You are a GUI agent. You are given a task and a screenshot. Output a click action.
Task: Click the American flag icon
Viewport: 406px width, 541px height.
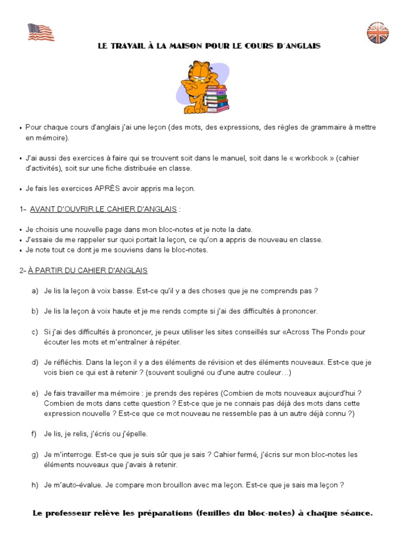coord(41,32)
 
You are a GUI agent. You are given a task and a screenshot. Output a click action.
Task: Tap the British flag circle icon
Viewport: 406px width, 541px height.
coord(377,33)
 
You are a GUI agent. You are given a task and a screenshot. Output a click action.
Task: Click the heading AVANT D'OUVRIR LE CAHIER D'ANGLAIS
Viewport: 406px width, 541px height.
coord(103,209)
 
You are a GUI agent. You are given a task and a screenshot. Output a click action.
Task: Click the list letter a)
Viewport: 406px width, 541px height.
coord(35,291)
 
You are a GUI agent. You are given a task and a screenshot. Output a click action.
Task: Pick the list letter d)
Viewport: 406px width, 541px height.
coord(35,362)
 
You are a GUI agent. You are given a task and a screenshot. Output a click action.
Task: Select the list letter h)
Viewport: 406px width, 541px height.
coord(35,485)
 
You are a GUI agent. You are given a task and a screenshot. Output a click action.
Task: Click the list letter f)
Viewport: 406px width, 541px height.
coord(34,434)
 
